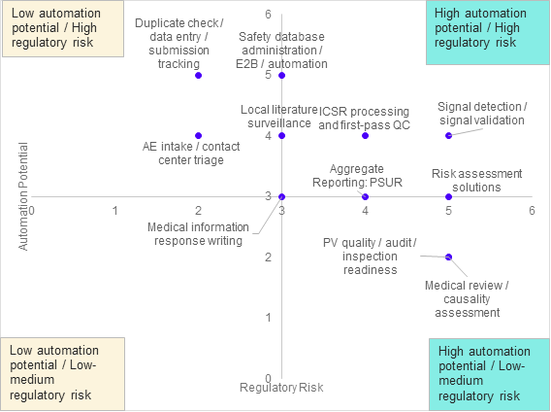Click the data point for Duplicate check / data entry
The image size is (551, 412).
coord(198,76)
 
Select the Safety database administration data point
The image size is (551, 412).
coord(282,76)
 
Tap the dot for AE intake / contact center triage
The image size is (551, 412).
coord(198,136)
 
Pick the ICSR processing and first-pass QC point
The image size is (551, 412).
coord(365,136)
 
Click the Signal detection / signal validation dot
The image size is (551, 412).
coord(449,136)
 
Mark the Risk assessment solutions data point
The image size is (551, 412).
coord(449,197)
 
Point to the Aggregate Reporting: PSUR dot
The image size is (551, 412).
coord(365,197)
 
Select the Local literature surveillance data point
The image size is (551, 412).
coord(282,136)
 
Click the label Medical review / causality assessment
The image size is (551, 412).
coord(467,299)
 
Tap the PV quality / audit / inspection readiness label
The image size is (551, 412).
coord(370,257)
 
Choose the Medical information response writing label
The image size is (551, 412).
coord(198,234)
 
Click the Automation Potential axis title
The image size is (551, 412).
coord(23,196)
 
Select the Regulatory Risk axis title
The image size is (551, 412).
coord(281,388)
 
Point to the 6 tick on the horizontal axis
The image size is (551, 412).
coord(532,211)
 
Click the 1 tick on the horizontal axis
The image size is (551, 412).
coord(114,211)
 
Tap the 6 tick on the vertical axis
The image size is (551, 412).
coord(268,15)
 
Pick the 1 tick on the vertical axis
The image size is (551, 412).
coord(268,318)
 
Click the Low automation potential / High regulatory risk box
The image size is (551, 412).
coord(63,28)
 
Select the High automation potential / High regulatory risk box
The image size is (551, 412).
coord(488,32)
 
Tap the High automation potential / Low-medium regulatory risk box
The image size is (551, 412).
coord(489,374)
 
